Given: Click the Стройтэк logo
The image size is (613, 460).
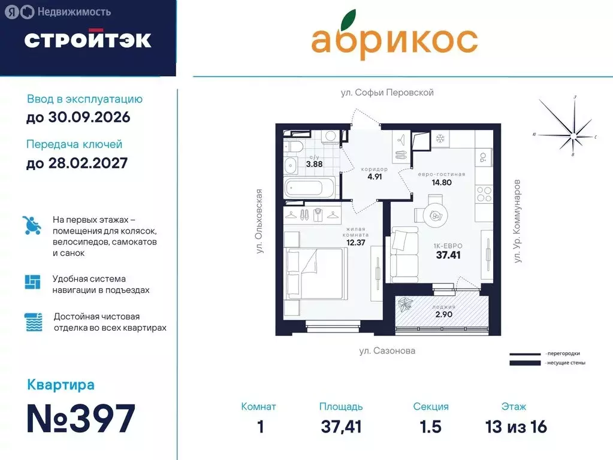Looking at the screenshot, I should pos(87,40).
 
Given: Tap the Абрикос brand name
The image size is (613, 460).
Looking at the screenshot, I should pos(394,39).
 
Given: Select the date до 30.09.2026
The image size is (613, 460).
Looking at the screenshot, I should pos(78,117).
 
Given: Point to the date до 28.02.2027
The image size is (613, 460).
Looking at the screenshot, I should pos(77,162).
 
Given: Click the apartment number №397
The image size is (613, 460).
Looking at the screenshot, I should pos(81,419).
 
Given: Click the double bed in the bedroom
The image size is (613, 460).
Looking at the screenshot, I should pos(315,274).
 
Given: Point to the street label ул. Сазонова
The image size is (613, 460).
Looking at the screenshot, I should pos(387,351).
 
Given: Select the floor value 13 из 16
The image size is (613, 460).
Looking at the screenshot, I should pos(516,427).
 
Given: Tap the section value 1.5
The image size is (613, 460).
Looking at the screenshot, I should pos(430,427).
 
